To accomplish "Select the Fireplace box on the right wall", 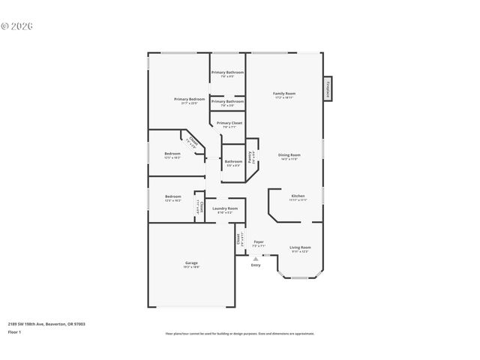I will pyautogui.click(x=328, y=88).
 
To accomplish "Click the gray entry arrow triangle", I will pyautogui.click(x=256, y=259).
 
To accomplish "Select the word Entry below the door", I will pyautogui.click(x=256, y=265).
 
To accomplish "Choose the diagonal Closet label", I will pyautogui.click(x=193, y=142).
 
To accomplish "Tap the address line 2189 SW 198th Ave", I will pyautogui.click(x=46, y=324).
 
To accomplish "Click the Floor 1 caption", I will pyautogui.click(x=15, y=331).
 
